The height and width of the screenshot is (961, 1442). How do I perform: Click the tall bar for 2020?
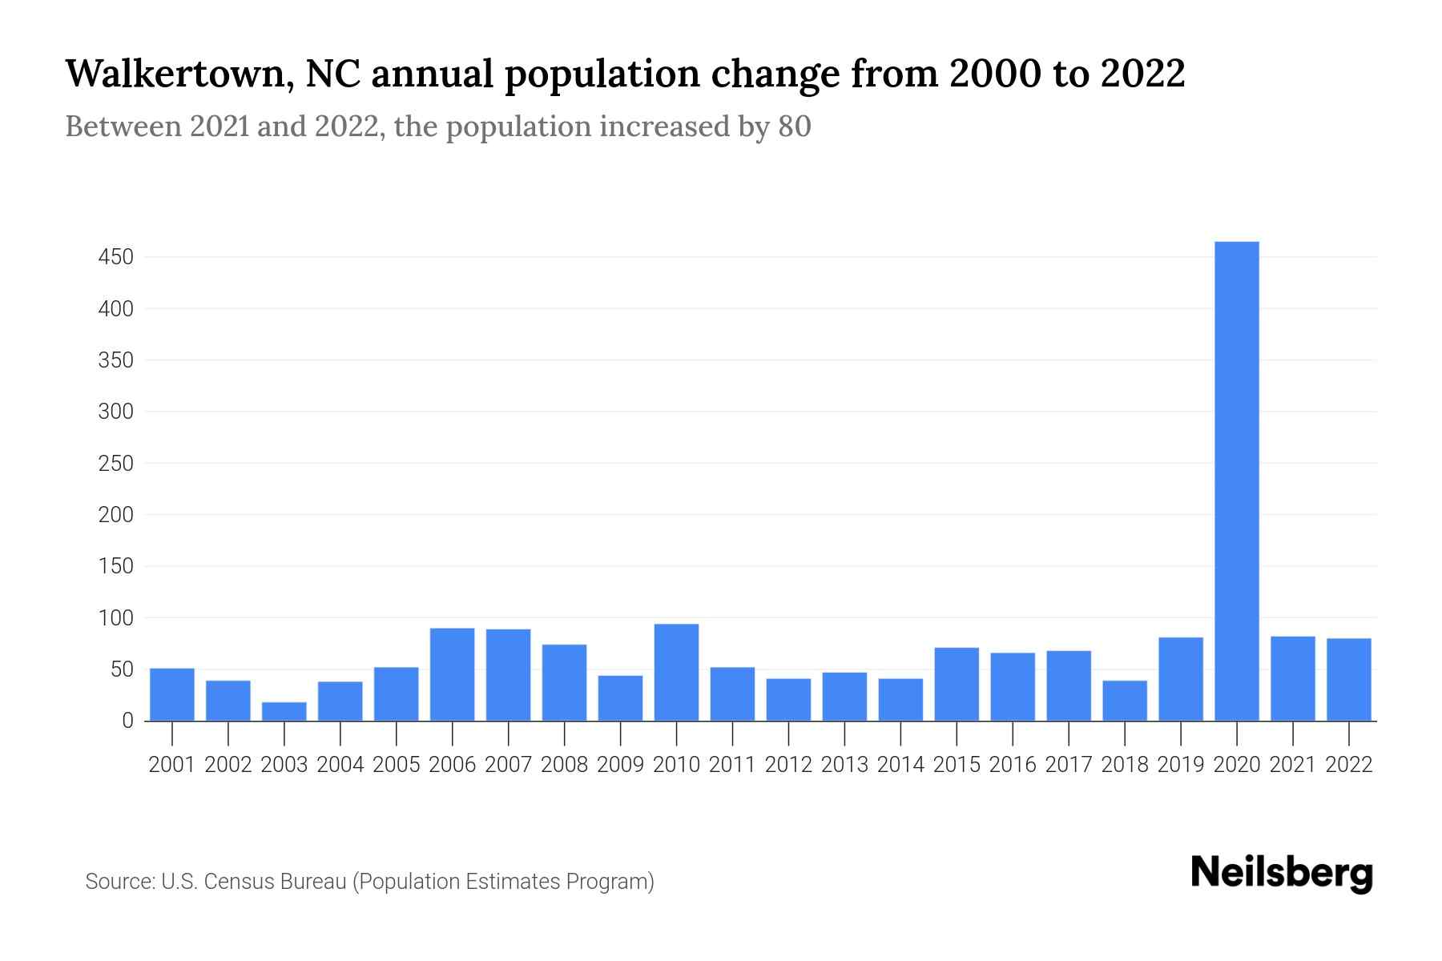coord(1237,480)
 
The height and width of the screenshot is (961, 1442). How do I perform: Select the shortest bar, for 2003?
coord(284,711)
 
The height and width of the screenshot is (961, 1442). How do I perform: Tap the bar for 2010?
coord(676,673)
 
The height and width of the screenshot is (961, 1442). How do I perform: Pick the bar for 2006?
coord(452,674)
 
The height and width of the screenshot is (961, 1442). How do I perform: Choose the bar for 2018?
coord(1125,701)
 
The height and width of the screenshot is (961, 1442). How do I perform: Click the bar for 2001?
coord(172,694)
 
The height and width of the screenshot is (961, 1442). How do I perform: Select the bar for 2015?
coord(957,684)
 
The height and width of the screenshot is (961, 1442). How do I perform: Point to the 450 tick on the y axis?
coord(115,257)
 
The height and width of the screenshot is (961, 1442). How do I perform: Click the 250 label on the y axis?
coord(115,464)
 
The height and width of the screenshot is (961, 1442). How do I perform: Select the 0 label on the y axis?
coord(127,721)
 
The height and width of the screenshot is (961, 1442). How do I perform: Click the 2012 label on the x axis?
coord(788,765)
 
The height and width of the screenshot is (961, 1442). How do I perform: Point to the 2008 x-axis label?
coord(564,765)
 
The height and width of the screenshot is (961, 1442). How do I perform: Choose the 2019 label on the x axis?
coord(1181,765)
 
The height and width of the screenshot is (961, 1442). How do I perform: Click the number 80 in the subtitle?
coord(794,127)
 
